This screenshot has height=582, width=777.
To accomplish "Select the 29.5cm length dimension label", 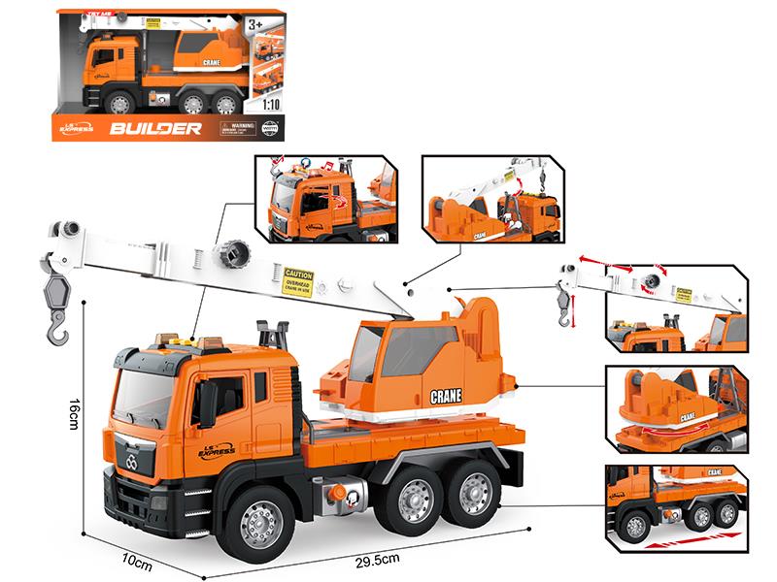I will point(379,559).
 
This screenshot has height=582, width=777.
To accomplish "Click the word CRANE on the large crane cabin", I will point(446,396).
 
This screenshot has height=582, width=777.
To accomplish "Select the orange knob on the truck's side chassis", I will point(338,494).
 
